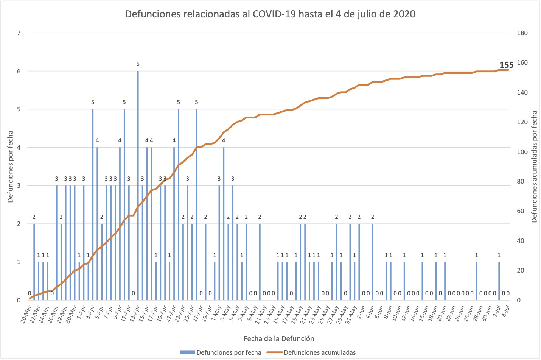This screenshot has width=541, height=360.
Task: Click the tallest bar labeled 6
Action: click(138, 185)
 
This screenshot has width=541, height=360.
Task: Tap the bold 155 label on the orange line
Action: click(506, 65)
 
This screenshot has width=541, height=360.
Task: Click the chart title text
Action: click(270, 14)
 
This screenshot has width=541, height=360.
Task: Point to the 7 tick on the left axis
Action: click(19, 33)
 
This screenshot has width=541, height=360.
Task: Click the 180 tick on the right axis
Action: click(522, 33)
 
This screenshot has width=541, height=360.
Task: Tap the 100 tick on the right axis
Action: click(522, 152)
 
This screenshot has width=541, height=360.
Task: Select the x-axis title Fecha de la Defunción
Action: click(279, 338)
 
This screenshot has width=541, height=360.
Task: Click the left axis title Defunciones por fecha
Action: click(11, 167)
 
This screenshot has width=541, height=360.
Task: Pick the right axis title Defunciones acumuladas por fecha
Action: click(535, 167)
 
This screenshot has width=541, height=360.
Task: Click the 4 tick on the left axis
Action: click(19, 148)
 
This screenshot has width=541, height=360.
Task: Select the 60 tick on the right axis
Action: click(521, 211)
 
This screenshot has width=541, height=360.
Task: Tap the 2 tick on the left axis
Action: click(19, 224)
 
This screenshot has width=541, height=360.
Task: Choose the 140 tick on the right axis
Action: click(522, 92)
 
